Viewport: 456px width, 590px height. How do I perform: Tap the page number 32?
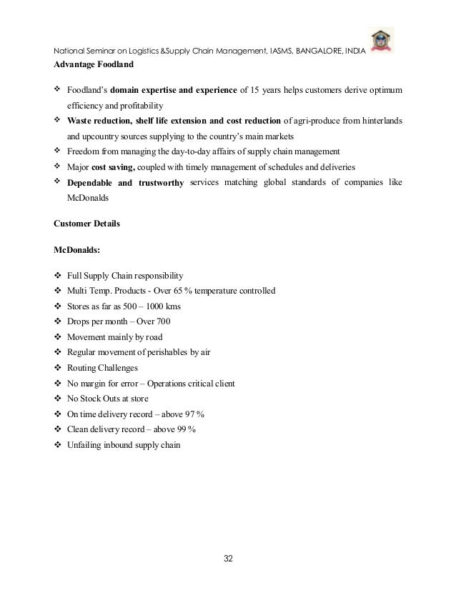point(228,557)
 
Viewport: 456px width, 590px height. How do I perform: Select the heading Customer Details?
point(87,224)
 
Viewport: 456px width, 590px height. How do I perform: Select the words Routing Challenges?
point(103,368)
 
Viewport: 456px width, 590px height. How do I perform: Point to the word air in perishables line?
point(224,352)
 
